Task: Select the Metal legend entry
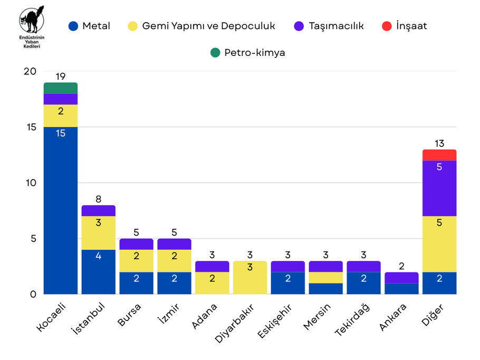(89, 26)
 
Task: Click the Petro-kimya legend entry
(247, 53)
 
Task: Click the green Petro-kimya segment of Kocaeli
(61, 88)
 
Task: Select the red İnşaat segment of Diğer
(439, 155)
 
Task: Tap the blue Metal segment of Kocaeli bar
(61, 211)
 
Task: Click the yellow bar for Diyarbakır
(250, 278)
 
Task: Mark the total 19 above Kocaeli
(61, 76)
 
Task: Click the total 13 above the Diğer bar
(439, 143)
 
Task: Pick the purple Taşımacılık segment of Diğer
(439, 188)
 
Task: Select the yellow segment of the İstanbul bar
(99, 233)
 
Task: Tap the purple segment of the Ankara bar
(401, 278)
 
